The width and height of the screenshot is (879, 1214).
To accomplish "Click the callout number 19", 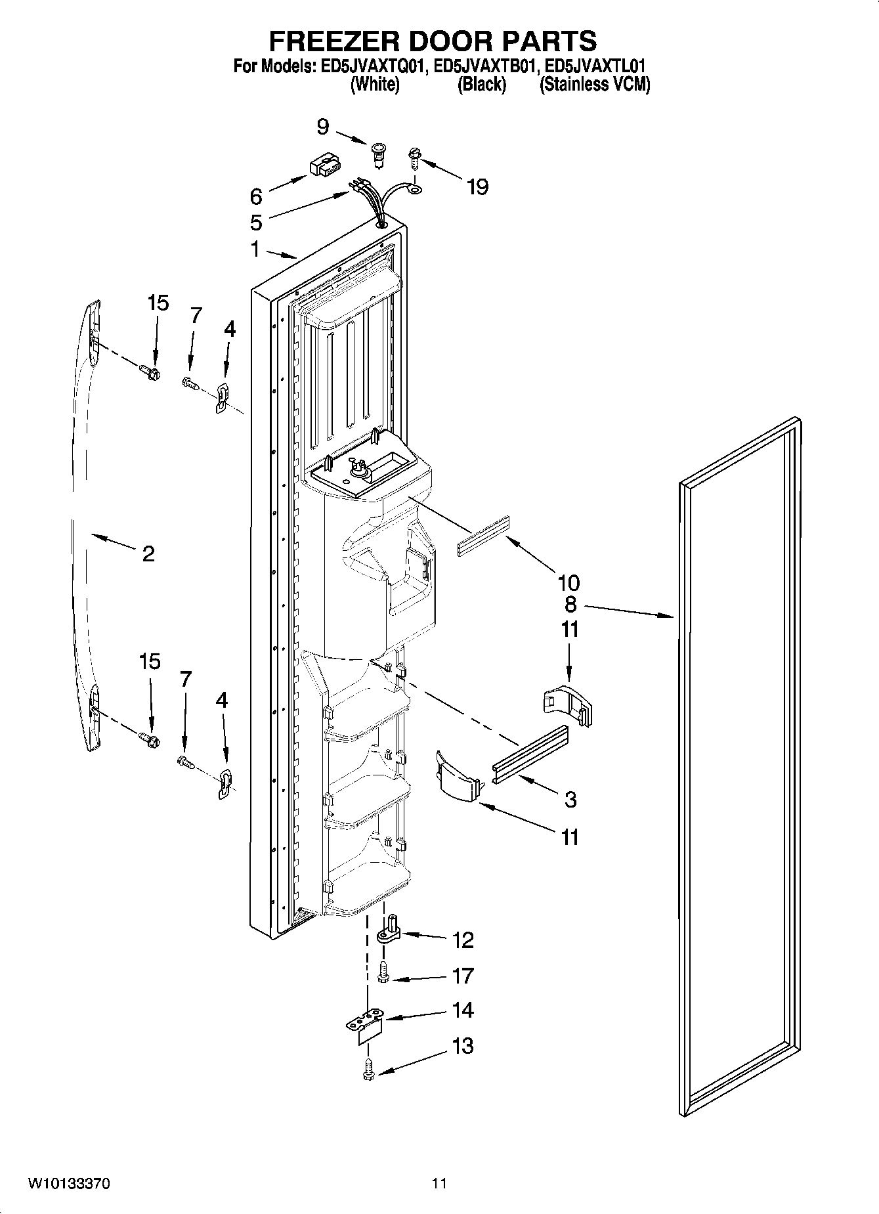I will point(477,187).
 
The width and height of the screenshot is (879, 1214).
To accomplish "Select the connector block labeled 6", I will point(322,167).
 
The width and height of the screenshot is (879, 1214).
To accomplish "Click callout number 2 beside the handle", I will point(148,553).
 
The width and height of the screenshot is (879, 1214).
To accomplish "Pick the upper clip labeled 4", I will point(222,397).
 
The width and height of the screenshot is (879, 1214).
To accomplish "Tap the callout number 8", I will point(570,604).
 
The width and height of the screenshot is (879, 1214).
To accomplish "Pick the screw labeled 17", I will point(384,973).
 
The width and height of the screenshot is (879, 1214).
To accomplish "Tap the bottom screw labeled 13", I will point(368,1071).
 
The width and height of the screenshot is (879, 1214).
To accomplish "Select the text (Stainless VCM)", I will point(594,84).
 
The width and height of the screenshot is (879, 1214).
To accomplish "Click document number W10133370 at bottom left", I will point(68,1184).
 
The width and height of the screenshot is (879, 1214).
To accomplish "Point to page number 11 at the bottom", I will point(439,1184).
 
